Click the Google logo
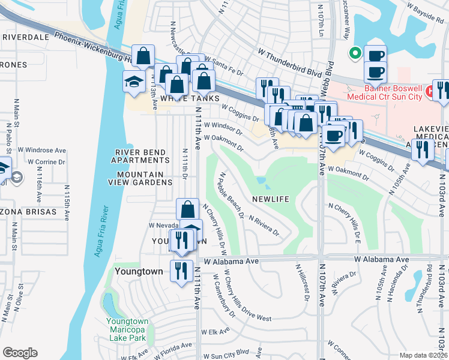[x=20, y=353]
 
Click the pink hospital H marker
[x=429, y=92]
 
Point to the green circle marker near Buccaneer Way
[x=355, y=53]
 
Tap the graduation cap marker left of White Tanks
[x=134, y=82]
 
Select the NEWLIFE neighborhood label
[x=271, y=199]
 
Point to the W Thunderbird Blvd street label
[x=290, y=62]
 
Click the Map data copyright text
[x=423, y=355]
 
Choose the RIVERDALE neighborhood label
[x=25, y=37]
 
